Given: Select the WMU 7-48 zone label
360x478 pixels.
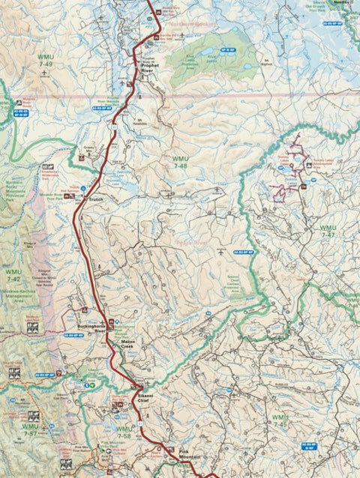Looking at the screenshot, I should (181, 162).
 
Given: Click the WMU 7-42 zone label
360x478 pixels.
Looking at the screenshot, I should (13, 275).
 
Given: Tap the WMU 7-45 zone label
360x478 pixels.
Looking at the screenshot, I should (280, 420).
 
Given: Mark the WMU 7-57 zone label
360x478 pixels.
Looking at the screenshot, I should (29, 430).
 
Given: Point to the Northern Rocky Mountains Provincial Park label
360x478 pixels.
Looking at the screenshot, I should (15, 187).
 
